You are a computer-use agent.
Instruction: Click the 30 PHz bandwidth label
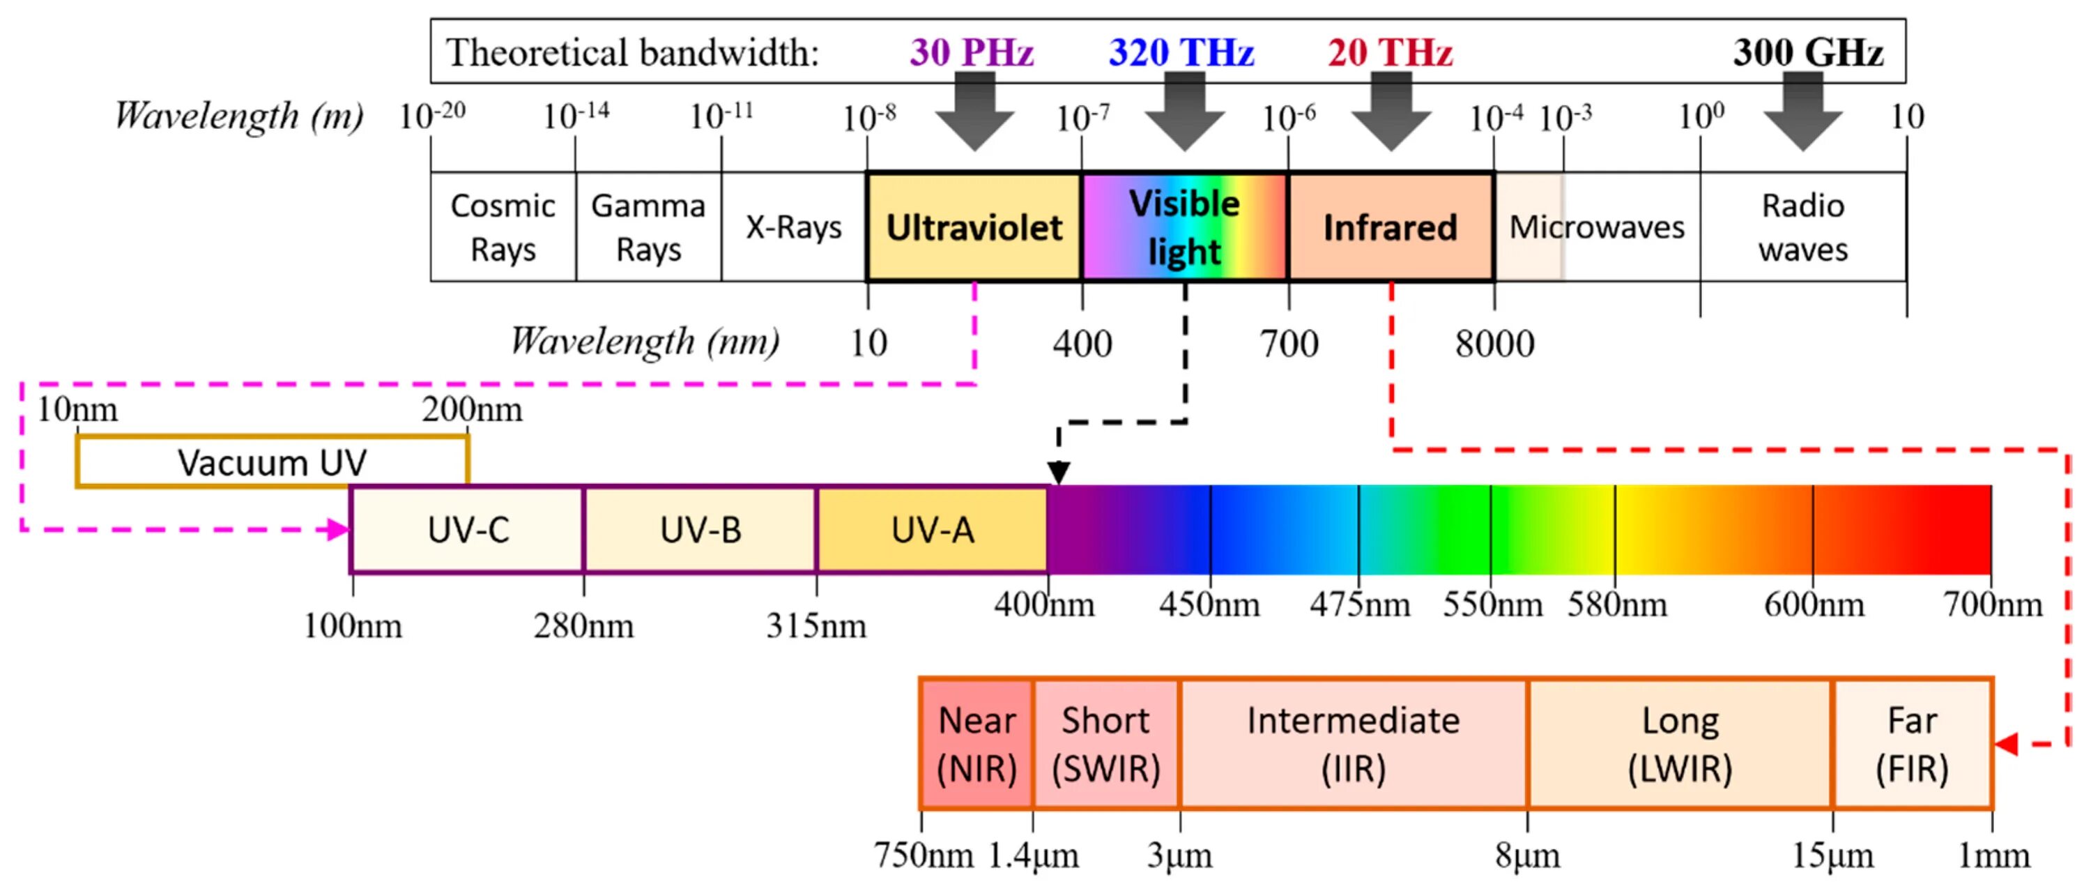[x=972, y=53]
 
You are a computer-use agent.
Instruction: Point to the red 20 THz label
[x=1390, y=53]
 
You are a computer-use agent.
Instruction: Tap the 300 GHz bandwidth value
[x=1808, y=53]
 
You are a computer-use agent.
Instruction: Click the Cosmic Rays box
[x=503, y=227]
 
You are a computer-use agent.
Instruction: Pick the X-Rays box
[x=793, y=227]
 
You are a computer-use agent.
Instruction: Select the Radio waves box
[x=1803, y=227]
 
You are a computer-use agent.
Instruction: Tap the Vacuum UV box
[x=272, y=462]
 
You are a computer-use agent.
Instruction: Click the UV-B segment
[x=700, y=531]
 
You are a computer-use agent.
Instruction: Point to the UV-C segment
[x=468, y=531]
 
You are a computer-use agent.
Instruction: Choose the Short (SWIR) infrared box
[x=1105, y=744]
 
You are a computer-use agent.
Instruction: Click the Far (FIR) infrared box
[x=1912, y=744]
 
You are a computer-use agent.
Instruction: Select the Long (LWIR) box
[x=1680, y=744]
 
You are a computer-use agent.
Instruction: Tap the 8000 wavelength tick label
[x=1494, y=344]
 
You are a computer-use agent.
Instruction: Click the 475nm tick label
[x=1360, y=605]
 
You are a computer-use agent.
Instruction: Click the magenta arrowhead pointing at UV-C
[x=337, y=531]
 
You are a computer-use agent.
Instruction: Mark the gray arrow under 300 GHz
[x=1803, y=114]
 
